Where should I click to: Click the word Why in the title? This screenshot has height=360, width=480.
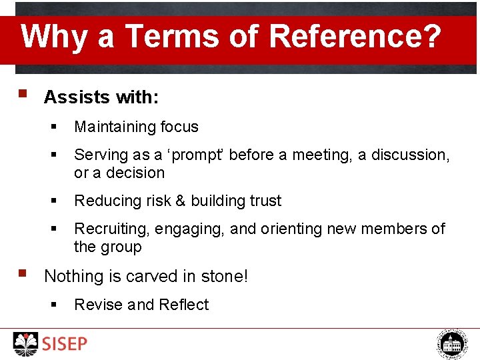coord(54,36)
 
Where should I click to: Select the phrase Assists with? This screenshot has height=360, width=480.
coord(101,97)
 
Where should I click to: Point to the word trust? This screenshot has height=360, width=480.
coord(265,201)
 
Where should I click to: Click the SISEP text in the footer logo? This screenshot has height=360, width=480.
coord(65,344)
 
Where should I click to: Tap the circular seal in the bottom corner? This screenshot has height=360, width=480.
coord(453,344)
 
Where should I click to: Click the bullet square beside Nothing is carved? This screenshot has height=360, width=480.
coord(23,273)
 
